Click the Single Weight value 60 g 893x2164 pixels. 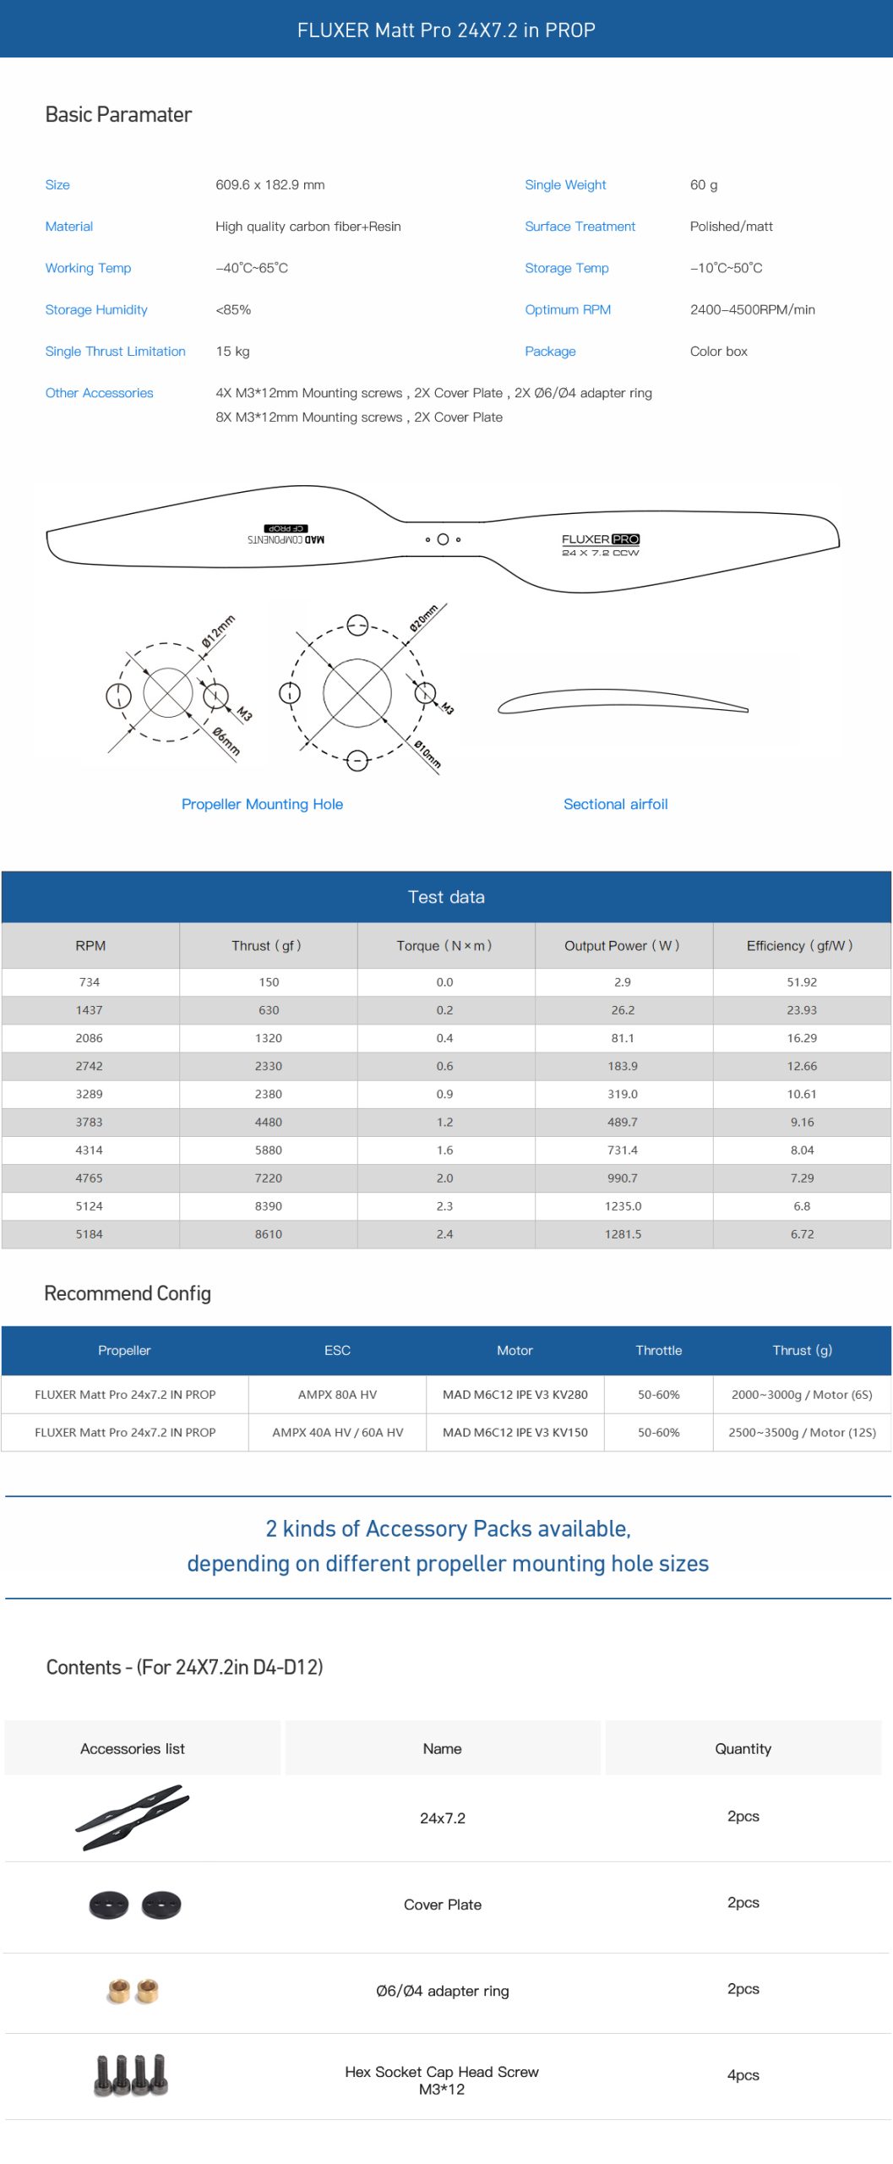[x=704, y=185]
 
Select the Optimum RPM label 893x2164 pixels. [x=567, y=309]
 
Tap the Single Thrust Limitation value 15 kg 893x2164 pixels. [x=232, y=351]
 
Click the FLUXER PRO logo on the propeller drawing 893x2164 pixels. [x=600, y=539]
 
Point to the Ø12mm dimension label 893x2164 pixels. [x=218, y=631]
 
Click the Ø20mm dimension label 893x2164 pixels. [x=423, y=618]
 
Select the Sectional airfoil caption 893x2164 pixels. [x=615, y=804]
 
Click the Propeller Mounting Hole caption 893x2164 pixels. [x=262, y=804]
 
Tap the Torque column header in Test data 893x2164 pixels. [x=444, y=945]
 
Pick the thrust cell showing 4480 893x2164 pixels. [x=268, y=1122]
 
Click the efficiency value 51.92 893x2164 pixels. [x=801, y=981]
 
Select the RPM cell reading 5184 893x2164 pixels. [x=89, y=1233]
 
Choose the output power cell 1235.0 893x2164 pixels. [x=623, y=1205]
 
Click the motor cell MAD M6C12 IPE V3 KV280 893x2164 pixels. [x=515, y=1394]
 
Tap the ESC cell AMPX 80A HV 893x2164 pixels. [x=337, y=1394]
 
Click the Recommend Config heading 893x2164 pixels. [x=128, y=1293]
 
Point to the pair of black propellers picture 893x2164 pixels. [x=133, y=1817]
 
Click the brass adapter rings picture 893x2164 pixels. [x=133, y=1990]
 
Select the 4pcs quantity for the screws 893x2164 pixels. [x=743, y=2074]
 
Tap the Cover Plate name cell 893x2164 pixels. [x=442, y=1904]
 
